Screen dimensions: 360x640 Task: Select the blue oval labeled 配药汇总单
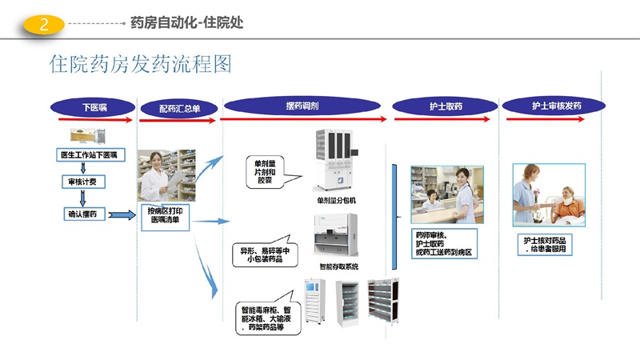179,107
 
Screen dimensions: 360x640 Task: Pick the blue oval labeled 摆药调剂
302,106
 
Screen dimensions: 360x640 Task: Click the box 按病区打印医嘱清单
166,218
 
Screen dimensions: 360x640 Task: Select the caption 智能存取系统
338,266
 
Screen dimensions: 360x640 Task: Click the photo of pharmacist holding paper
166,175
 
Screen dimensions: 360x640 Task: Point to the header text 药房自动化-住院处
187,23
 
